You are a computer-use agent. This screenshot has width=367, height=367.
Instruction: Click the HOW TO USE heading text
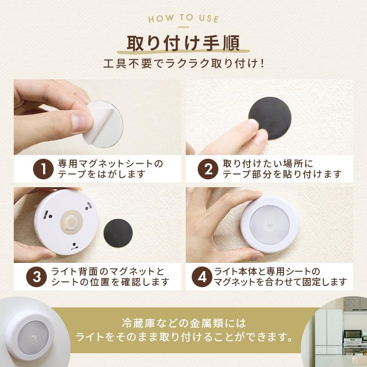pos(183,19)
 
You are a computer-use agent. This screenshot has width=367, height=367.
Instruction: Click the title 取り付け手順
pos(183,44)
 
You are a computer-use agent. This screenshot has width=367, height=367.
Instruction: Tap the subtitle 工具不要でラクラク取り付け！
pos(183,63)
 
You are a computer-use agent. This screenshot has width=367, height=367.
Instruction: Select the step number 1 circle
pos(44,169)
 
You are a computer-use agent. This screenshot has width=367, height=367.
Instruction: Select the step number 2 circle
pos(207,169)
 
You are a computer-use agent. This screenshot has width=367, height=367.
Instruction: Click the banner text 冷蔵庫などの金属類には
pos(183,323)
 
